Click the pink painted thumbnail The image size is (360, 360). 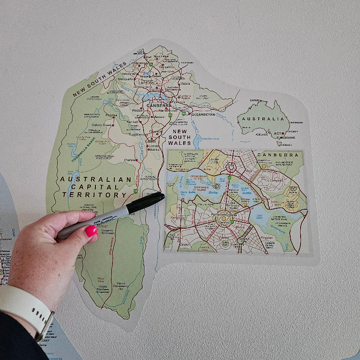coord(91,231)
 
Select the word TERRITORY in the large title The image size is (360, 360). coord(94,195)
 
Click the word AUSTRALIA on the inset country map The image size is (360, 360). coord(264,119)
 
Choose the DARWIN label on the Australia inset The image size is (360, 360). coord(255,100)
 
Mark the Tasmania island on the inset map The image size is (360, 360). coord(280,144)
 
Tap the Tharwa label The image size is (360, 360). coord(130,160)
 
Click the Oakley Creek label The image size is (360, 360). coord(102,125)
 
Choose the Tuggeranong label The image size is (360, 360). coord(138,134)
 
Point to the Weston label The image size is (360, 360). coord(137,110)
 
